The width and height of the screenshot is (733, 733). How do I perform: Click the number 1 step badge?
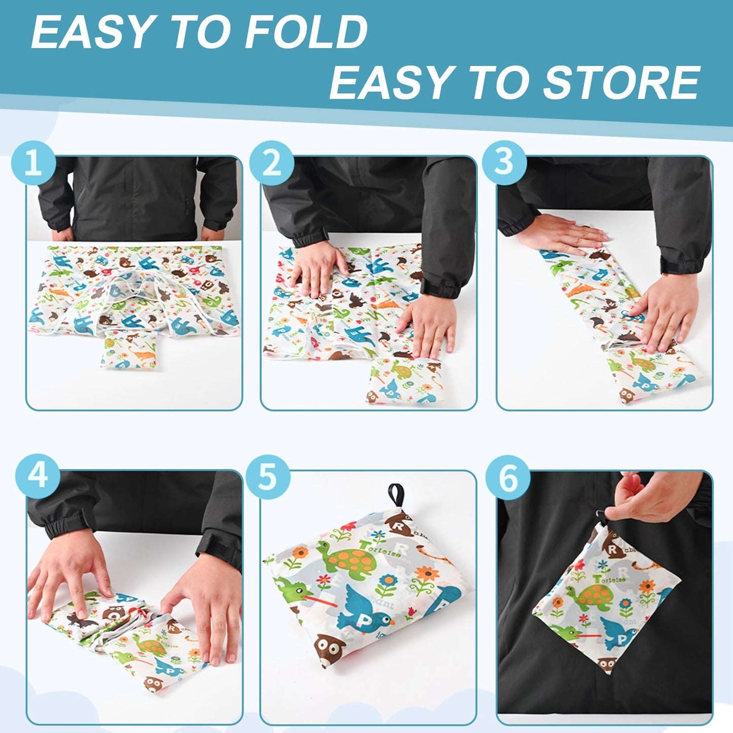click(x=33, y=163)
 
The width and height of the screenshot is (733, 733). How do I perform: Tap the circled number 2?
click(x=272, y=163)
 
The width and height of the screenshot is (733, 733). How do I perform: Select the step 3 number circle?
click(x=504, y=162)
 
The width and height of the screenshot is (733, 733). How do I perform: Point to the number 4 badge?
click(x=38, y=476)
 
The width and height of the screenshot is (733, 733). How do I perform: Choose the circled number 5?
click(x=268, y=477)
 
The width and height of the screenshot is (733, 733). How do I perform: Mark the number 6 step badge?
click(x=508, y=478)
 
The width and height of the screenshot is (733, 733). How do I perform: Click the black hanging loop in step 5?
click(x=396, y=495)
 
